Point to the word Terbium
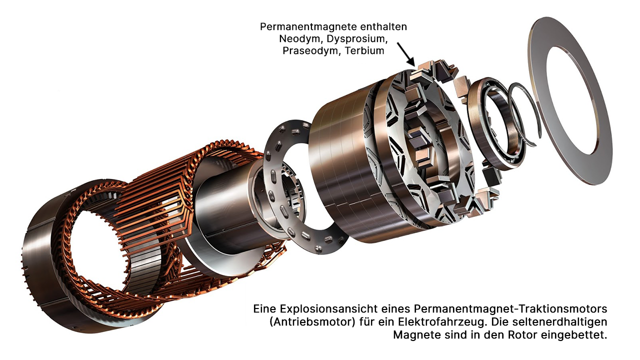tap(364, 51)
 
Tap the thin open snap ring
tap(524, 115)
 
